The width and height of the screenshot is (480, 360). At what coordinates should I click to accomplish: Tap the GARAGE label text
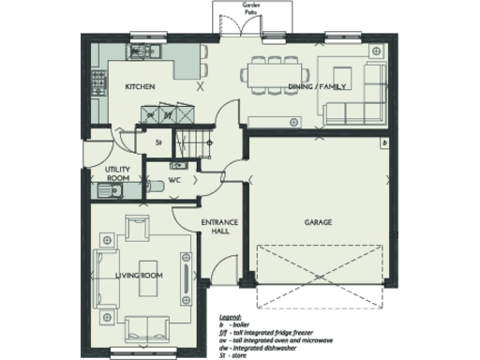click(319, 222)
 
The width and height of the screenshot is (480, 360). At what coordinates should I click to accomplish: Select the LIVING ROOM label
click(139, 276)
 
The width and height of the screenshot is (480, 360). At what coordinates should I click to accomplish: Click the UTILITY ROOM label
click(117, 173)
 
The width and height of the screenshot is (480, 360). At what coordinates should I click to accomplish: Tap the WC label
click(174, 179)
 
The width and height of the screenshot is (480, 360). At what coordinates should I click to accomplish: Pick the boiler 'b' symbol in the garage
click(384, 142)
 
